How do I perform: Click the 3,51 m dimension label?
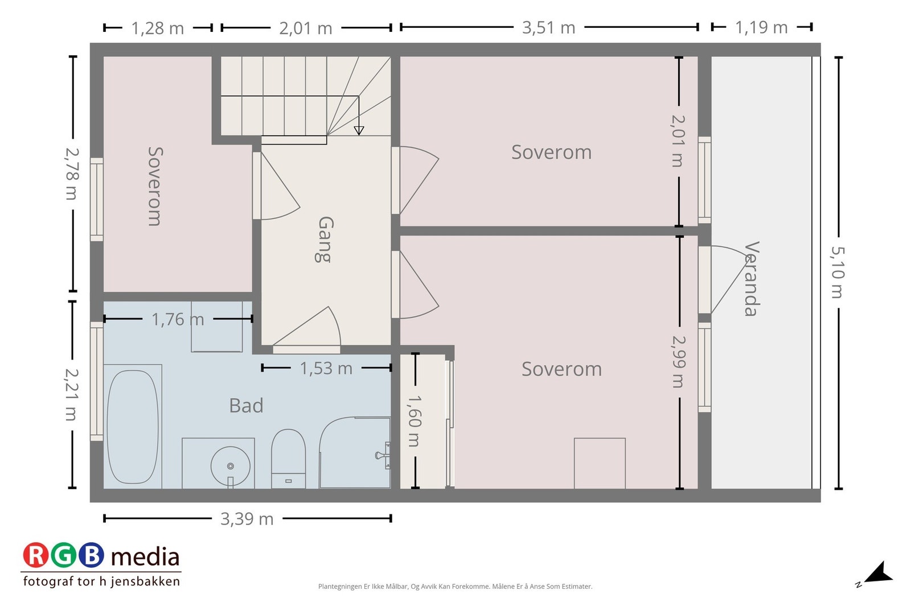(x=549, y=28)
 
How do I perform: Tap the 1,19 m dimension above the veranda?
(x=761, y=28)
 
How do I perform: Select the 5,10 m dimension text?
(x=838, y=272)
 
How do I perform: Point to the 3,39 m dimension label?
(x=247, y=519)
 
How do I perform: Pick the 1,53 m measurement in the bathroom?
(x=326, y=369)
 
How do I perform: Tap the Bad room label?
(x=246, y=406)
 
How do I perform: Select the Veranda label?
(x=752, y=279)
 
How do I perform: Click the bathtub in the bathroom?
(x=133, y=427)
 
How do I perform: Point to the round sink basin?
(x=230, y=466)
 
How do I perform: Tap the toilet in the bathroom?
(x=288, y=459)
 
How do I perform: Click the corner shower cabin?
(x=355, y=453)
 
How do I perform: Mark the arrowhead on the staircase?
(x=359, y=130)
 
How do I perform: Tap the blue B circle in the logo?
(x=91, y=555)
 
